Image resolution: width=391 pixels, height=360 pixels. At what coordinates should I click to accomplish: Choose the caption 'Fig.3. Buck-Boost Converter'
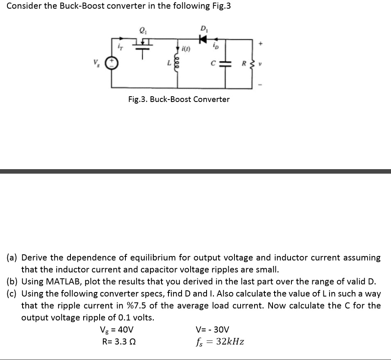pos(179,99)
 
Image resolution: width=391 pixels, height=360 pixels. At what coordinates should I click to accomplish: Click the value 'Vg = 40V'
pos(117,330)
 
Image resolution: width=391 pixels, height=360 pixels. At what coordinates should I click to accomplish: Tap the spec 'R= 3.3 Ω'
pos(119,342)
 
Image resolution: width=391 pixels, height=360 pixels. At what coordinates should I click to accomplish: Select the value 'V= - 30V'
pos(213,330)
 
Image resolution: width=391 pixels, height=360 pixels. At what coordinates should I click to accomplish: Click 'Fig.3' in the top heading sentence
pos(219,6)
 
